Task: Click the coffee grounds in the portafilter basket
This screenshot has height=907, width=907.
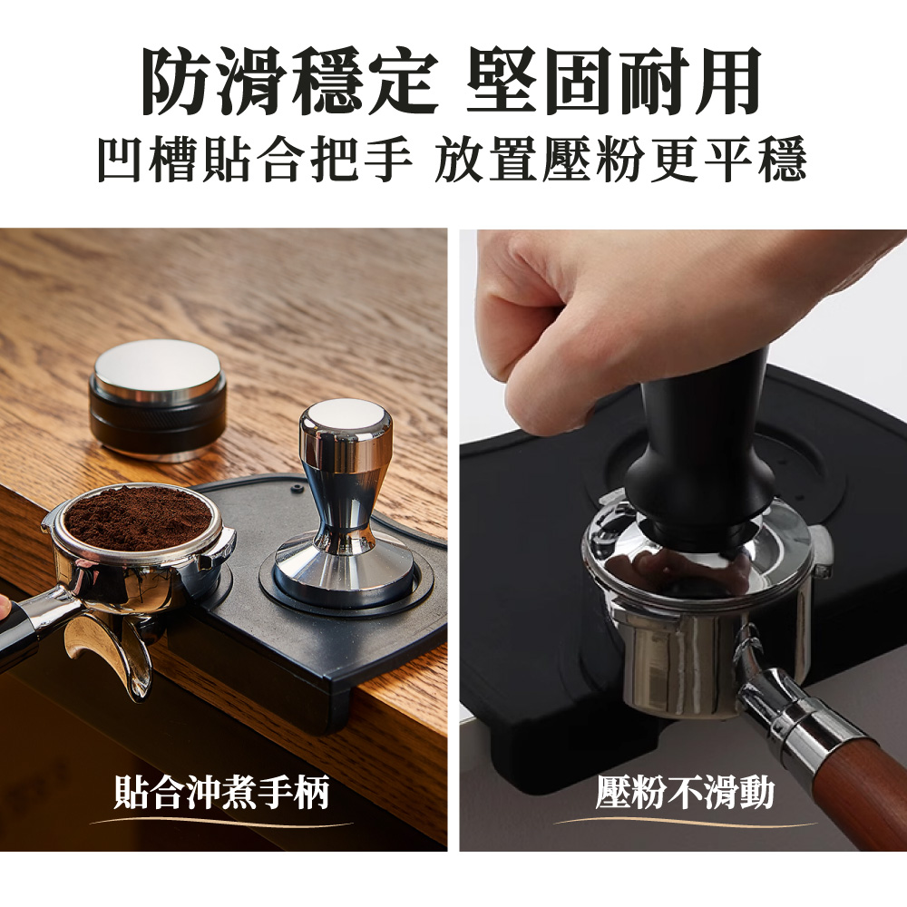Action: pyautogui.click(x=137, y=518)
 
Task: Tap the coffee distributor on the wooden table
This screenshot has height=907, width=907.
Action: pyautogui.click(x=157, y=399)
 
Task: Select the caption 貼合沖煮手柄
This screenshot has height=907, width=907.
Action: pyautogui.click(x=222, y=792)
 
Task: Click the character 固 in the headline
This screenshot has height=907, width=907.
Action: pyautogui.click(x=580, y=81)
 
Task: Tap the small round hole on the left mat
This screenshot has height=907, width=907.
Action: pyautogui.click(x=298, y=488)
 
